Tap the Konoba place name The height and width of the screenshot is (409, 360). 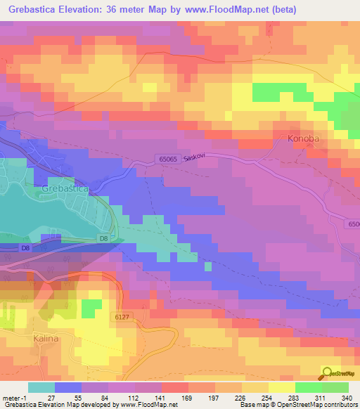(303, 138)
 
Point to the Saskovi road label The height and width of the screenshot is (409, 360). (193, 159)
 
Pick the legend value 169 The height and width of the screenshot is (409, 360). (187, 397)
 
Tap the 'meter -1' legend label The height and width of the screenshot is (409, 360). (14, 397)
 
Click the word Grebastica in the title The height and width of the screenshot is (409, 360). (34, 10)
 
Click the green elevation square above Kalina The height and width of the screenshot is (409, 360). (91, 308)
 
